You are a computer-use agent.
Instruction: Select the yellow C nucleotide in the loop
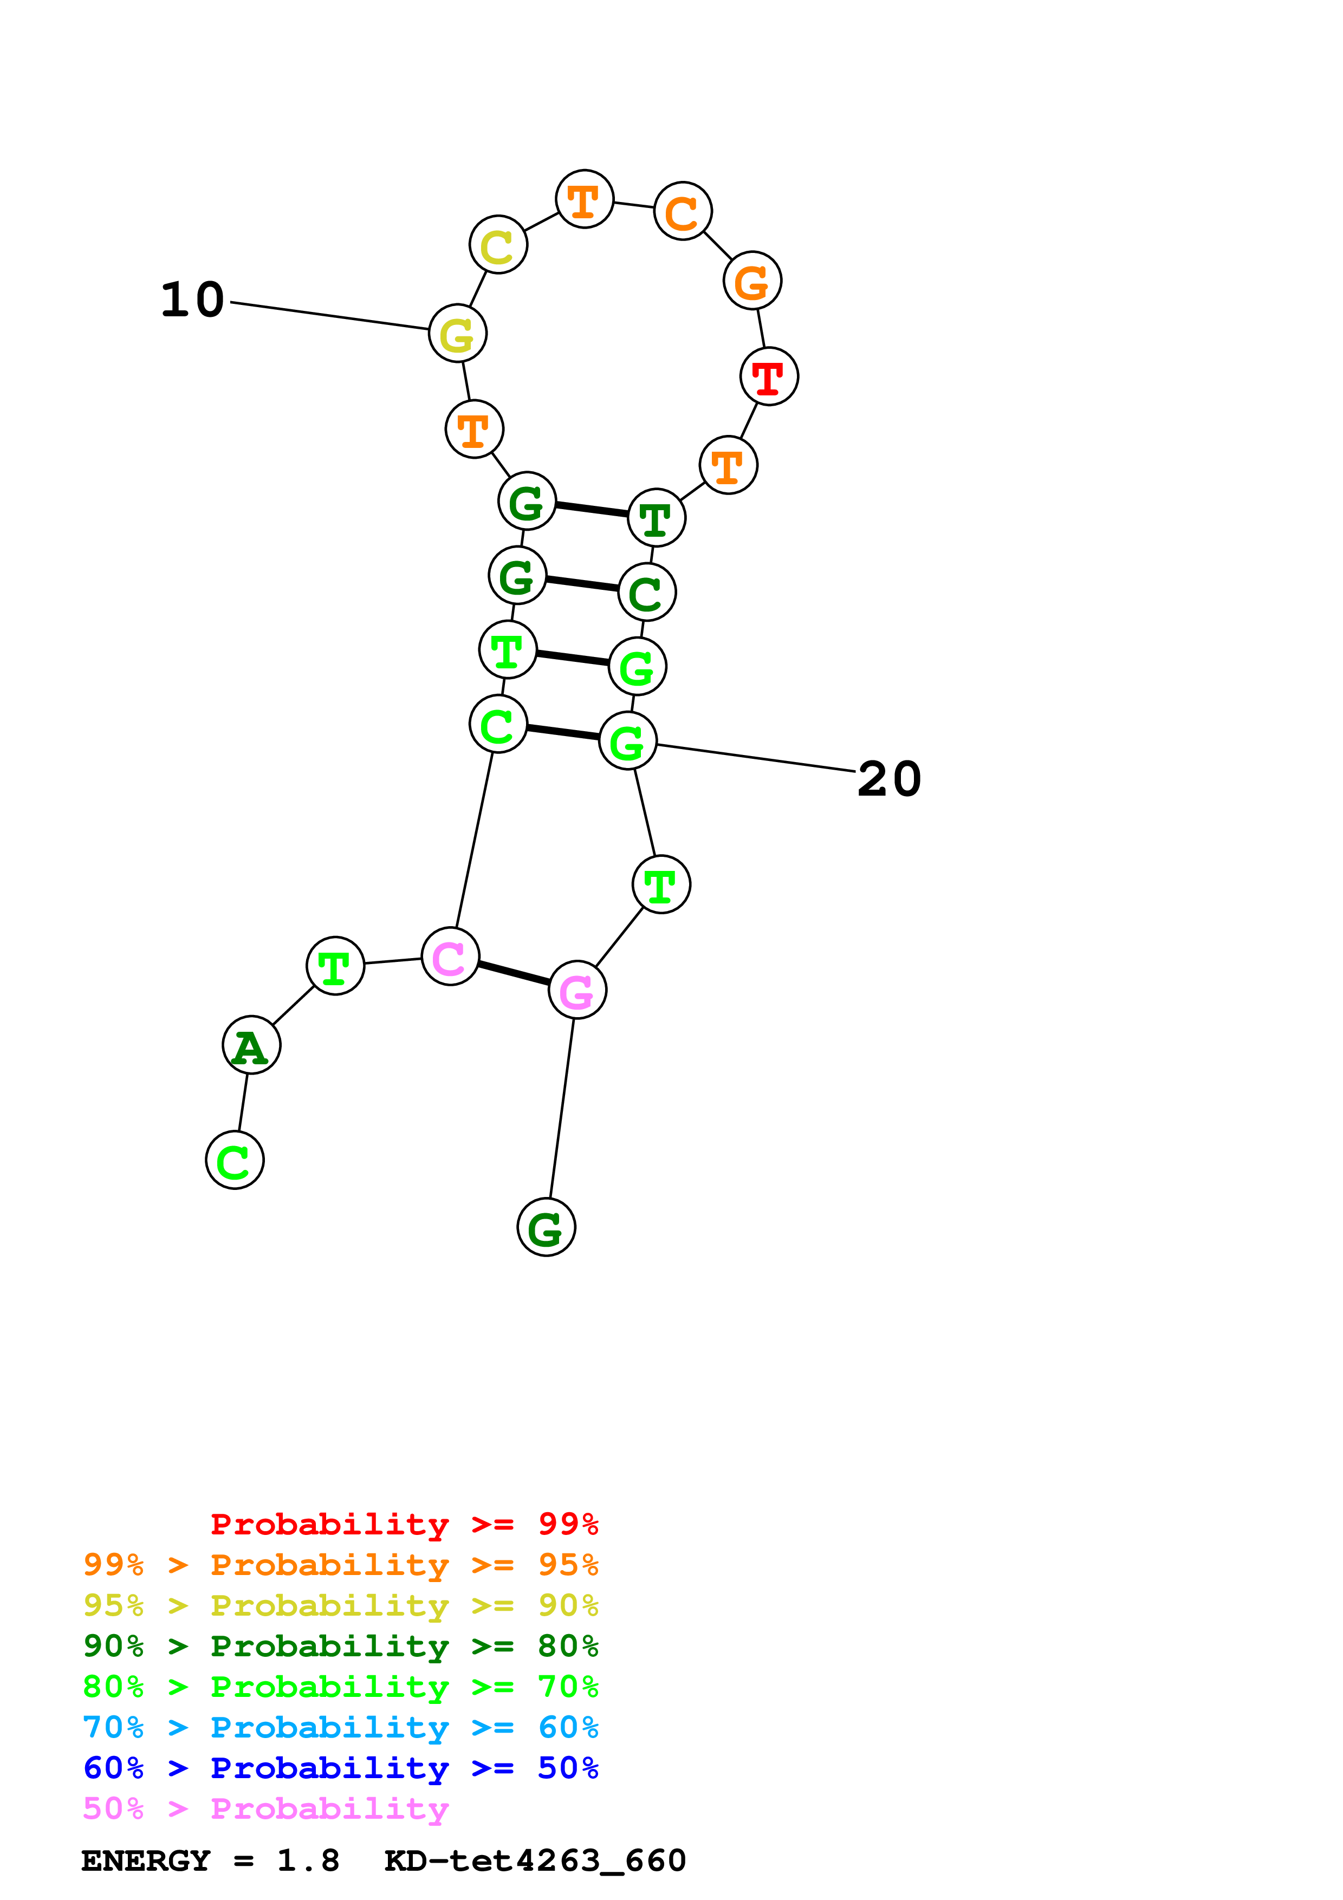[498, 245]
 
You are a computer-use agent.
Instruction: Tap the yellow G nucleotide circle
[458, 334]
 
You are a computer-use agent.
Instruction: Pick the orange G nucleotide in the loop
[752, 281]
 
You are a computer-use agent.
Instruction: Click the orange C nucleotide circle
[683, 212]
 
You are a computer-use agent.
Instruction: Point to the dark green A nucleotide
[251, 1045]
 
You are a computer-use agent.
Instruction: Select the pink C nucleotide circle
[450, 956]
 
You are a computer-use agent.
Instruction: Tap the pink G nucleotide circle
[578, 991]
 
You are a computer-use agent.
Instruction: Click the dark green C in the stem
[647, 593]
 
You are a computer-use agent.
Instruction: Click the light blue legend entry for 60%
[340, 1727]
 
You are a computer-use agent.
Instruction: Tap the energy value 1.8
[308, 1861]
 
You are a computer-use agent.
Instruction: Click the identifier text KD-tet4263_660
[535, 1861]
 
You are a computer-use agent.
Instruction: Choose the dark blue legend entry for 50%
[340, 1768]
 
